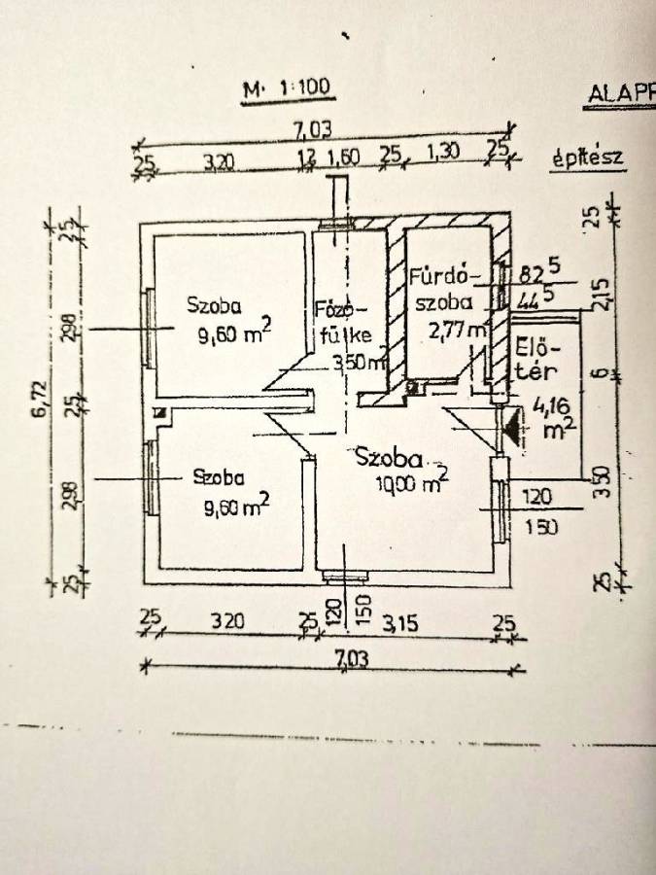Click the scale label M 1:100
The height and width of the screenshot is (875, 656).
pyautogui.click(x=288, y=89)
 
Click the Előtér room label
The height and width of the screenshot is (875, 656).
pyautogui.click(x=535, y=357)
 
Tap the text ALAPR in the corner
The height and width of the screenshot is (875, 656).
pyautogui.click(x=621, y=94)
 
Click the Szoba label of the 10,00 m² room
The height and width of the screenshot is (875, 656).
pyautogui.click(x=388, y=457)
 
